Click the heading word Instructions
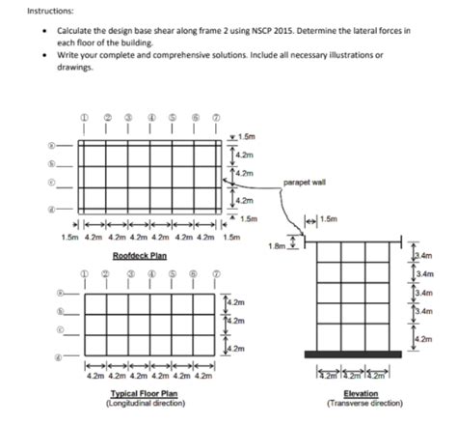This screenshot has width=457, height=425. point(24,9)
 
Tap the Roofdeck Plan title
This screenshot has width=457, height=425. point(140,256)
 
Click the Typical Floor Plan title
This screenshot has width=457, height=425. point(145,394)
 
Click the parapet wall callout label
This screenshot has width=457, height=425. point(308,181)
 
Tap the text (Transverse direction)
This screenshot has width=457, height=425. point(361,403)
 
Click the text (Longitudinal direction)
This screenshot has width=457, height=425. point(145,403)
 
